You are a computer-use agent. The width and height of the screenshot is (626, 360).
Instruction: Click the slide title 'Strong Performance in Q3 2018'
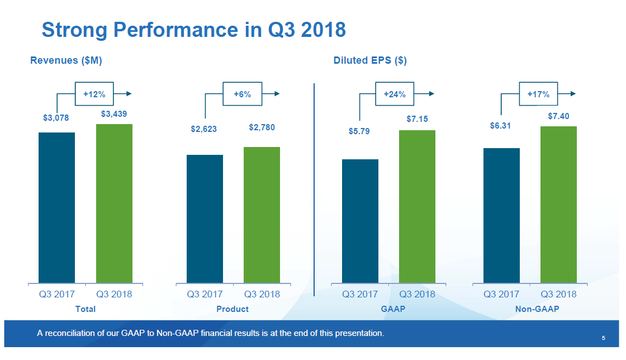click(x=193, y=30)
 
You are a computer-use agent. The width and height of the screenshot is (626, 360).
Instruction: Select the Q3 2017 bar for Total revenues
click(x=56, y=207)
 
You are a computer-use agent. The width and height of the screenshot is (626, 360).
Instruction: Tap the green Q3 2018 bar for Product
click(x=262, y=215)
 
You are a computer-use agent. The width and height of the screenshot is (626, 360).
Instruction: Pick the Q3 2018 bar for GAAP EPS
click(x=417, y=206)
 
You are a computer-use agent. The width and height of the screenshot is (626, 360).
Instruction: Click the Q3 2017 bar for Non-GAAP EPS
click(x=501, y=215)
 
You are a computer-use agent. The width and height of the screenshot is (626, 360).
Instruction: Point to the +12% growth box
click(x=94, y=94)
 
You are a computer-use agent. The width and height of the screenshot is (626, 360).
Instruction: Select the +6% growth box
click(x=242, y=94)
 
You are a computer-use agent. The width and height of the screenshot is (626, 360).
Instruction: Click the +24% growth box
click(x=395, y=94)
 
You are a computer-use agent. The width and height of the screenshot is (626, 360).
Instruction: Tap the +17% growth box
click(x=538, y=94)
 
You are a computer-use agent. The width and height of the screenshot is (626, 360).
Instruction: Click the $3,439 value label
click(x=114, y=114)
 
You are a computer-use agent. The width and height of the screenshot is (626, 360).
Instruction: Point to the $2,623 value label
click(x=203, y=129)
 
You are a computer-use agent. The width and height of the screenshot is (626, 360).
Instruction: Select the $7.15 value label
click(x=417, y=120)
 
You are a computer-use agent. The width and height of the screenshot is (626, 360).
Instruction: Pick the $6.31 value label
click(x=500, y=126)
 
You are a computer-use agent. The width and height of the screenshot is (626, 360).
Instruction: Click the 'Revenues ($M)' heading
click(x=66, y=60)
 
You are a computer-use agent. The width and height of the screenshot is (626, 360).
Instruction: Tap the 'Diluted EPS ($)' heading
click(x=370, y=60)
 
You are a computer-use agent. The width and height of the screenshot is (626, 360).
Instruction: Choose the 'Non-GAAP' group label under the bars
click(x=537, y=309)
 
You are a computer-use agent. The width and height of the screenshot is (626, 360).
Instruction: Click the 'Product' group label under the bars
click(x=233, y=309)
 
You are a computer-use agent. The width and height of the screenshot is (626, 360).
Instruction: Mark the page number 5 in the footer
click(x=604, y=338)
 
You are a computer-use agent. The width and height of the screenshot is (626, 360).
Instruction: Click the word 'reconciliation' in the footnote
click(x=72, y=334)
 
